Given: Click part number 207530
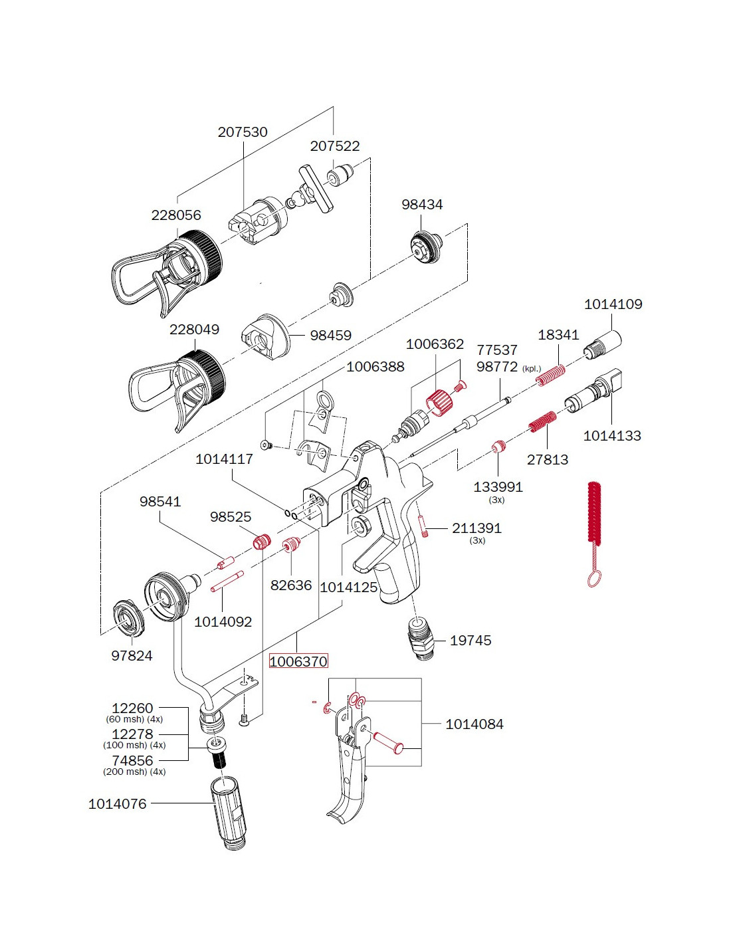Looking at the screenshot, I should pyautogui.click(x=243, y=132).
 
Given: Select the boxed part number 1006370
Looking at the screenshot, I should pyautogui.click(x=298, y=661).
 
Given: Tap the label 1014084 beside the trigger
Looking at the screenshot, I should pyautogui.click(x=474, y=724).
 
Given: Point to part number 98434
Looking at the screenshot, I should pyautogui.click(x=421, y=204).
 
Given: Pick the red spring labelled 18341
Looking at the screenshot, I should pyautogui.click(x=551, y=375).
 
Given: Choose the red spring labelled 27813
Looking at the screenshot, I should pyautogui.click(x=542, y=422).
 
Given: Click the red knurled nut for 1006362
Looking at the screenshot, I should pyautogui.click(x=438, y=403).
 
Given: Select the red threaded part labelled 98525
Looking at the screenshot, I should pyautogui.click(x=261, y=541).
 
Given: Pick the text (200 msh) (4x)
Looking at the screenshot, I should pyautogui.click(x=134, y=772).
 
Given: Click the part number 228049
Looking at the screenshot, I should pyautogui.click(x=194, y=329).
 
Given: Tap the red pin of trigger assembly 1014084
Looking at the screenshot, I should pyautogui.click(x=389, y=742).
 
